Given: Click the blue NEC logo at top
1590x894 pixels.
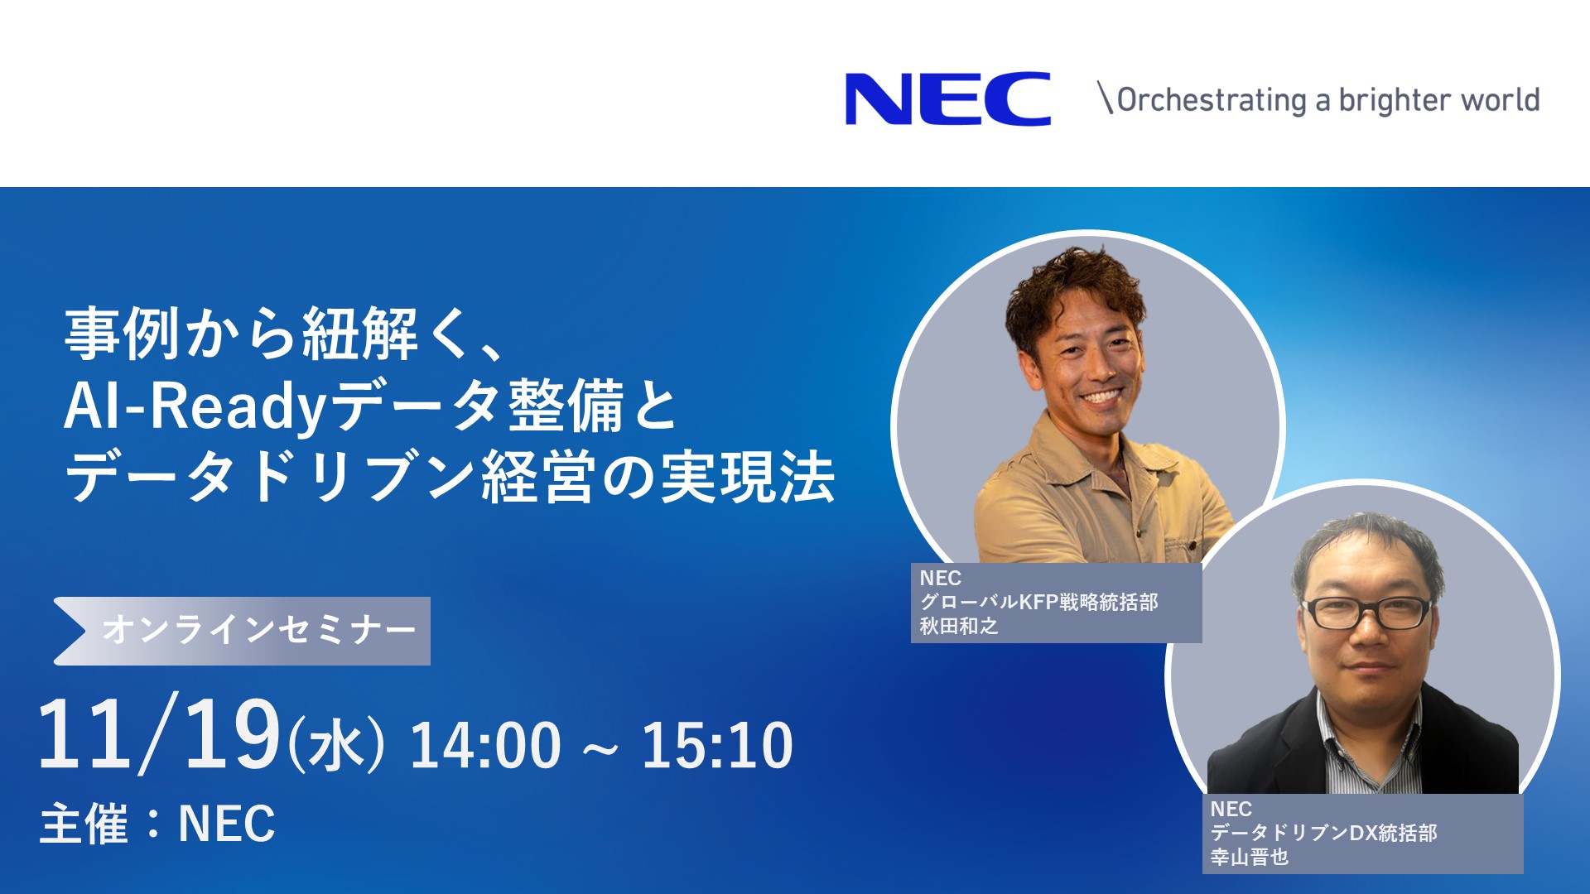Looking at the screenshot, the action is (x=948, y=99).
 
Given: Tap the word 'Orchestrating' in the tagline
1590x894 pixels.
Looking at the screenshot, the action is (x=1212, y=100).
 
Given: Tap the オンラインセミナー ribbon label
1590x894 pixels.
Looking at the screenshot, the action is (x=258, y=631).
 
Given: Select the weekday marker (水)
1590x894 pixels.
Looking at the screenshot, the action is (x=336, y=743).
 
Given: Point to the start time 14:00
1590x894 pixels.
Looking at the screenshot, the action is (x=485, y=745).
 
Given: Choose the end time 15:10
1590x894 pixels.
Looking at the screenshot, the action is (x=717, y=745).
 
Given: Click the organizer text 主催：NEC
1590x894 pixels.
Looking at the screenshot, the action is (x=157, y=824).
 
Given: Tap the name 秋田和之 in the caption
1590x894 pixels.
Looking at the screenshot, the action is (x=959, y=626).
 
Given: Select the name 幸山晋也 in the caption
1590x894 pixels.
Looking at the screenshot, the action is (x=1250, y=857).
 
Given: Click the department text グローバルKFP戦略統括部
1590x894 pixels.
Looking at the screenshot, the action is (x=1038, y=602).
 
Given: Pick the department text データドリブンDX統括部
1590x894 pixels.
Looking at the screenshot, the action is (x=1323, y=833).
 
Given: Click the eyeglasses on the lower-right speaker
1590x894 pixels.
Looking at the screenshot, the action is (x=1367, y=613).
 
